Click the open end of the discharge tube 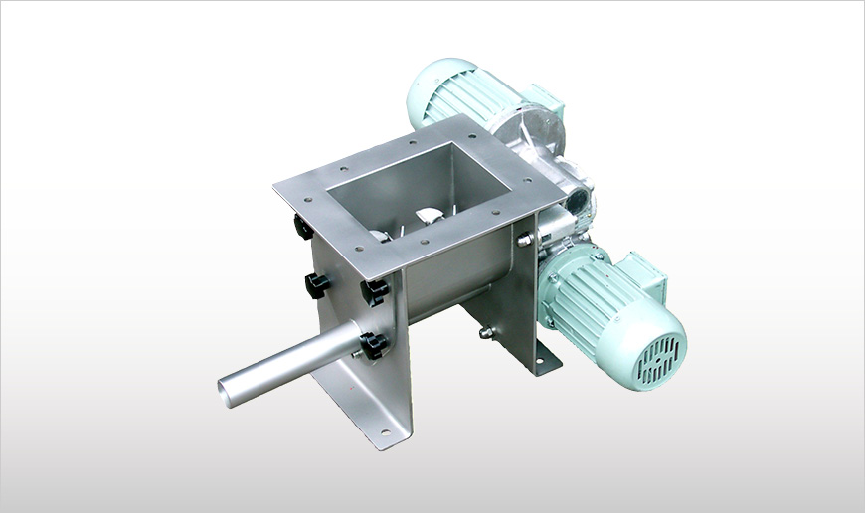click(230, 390)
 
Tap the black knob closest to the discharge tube click(374, 346)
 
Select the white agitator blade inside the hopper click(427, 217)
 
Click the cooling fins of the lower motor click(587, 288)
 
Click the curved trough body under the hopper click(447, 283)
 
